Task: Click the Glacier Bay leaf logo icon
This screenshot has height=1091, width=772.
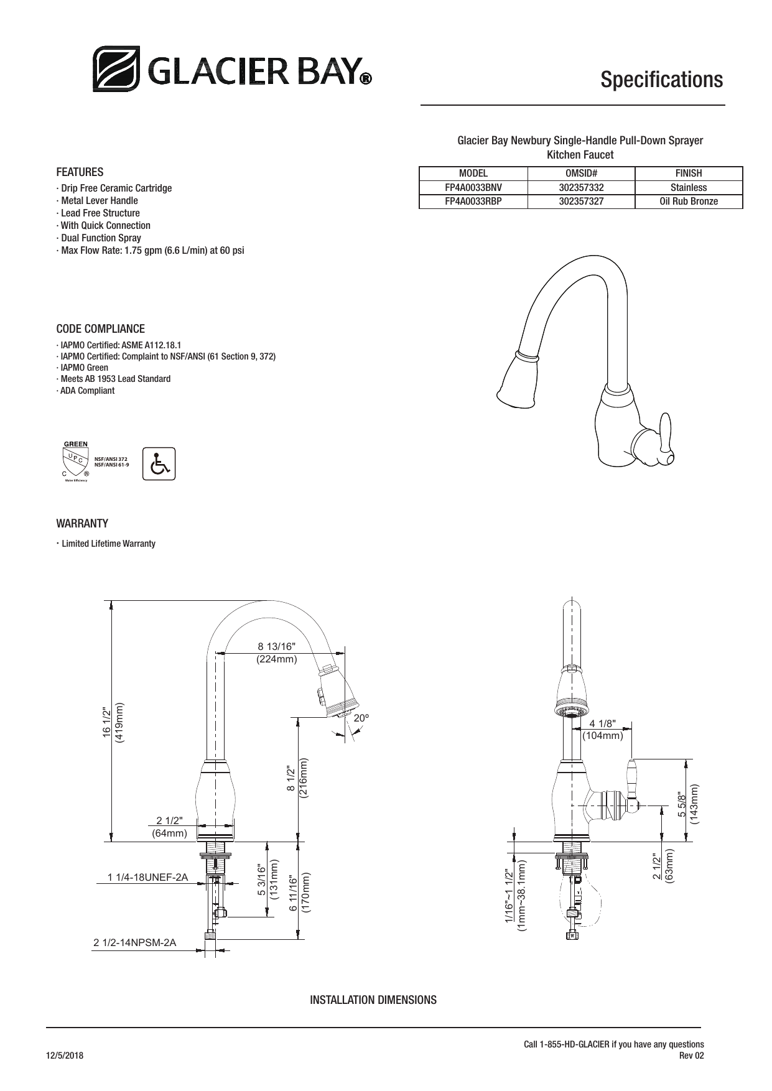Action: tap(116, 68)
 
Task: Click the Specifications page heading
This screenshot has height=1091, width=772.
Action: tap(661, 80)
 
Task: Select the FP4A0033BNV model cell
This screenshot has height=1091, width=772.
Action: tap(473, 187)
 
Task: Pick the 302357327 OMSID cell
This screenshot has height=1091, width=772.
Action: tap(581, 201)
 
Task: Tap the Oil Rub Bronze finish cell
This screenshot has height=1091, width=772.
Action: tap(689, 201)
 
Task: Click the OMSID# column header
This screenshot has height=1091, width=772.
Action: tap(581, 174)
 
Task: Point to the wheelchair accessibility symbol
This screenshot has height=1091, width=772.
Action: tap(159, 463)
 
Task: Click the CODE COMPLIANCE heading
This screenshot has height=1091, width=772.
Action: tap(100, 328)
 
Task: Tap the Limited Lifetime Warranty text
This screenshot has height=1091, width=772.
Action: tap(108, 544)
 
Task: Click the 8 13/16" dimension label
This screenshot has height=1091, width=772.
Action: tap(277, 646)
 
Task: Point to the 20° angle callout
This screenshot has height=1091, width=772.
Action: tap(361, 718)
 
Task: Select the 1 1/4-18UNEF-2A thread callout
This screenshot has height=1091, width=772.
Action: tap(147, 877)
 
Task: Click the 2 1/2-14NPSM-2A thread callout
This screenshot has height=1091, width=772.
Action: tap(134, 942)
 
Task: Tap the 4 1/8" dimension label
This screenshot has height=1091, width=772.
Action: tap(602, 723)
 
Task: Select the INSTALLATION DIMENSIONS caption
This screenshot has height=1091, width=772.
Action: tap(373, 1000)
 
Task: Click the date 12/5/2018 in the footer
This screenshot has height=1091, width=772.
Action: tap(65, 1056)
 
